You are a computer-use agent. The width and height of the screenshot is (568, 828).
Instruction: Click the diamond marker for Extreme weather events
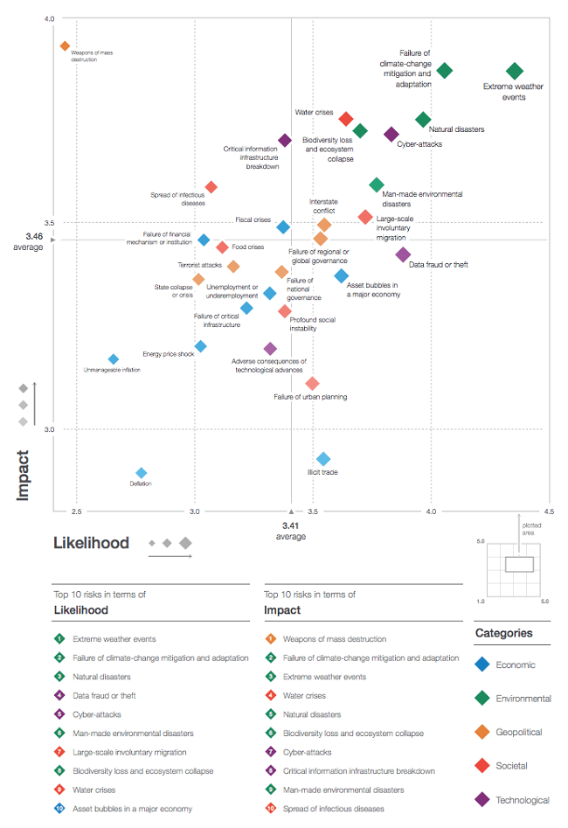click(515, 71)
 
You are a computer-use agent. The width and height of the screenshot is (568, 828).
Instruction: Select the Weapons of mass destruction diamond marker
click(65, 45)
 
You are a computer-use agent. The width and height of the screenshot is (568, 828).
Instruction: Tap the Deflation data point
click(142, 473)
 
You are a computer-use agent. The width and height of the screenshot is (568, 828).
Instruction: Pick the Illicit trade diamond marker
click(323, 459)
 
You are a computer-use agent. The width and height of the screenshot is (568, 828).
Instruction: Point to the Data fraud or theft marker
click(403, 254)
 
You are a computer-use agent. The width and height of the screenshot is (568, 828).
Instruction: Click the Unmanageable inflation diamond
click(114, 359)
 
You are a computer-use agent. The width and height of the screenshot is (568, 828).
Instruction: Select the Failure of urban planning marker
click(312, 383)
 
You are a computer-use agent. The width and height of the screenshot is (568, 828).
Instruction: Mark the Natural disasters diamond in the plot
click(423, 119)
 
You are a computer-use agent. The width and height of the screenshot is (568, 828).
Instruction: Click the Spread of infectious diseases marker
click(211, 187)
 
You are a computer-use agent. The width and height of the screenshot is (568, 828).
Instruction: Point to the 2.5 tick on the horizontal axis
click(77, 511)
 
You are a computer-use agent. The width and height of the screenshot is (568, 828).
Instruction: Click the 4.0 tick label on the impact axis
click(48, 18)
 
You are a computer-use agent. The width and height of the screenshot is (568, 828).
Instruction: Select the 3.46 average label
click(34, 241)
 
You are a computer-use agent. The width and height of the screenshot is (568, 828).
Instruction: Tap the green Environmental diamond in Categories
click(481, 697)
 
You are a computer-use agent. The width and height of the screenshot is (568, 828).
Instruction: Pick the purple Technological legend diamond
click(481, 799)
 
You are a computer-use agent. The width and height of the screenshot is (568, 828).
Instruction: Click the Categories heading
click(503, 633)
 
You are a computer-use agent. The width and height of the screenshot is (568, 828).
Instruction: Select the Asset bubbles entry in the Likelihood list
click(133, 809)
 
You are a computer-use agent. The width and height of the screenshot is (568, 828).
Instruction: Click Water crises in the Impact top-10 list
click(303, 696)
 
